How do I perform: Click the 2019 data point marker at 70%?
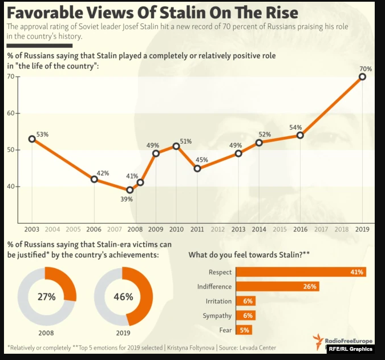[x=362, y=76]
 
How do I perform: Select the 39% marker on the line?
[x=129, y=190]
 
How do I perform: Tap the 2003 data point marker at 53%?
[x=32, y=139]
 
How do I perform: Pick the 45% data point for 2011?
[x=197, y=168]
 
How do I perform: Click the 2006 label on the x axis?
[x=94, y=229]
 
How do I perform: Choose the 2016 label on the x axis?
[x=300, y=229]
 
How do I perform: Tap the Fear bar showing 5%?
[x=244, y=330]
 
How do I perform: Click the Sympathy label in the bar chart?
[x=217, y=315]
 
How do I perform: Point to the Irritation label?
[x=218, y=301]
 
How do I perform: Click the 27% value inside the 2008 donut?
[x=46, y=297]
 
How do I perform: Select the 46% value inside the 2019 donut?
[x=123, y=297]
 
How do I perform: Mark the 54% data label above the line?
[x=295, y=127]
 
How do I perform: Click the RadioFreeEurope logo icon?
[x=318, y=341]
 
